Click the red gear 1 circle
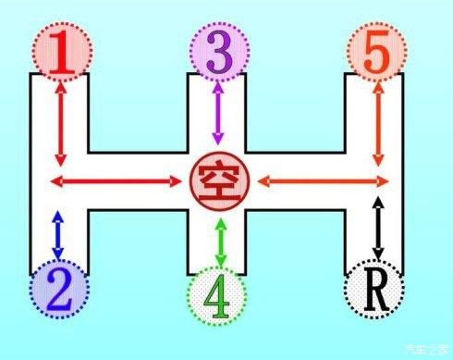coord(60,53)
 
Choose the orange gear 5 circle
coord(374,53)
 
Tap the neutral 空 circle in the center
coord(218,179)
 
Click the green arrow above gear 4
coord(219,241)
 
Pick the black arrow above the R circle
coord(377,227)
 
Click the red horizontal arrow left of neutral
coord(116,180)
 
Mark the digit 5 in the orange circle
coord(374,54)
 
